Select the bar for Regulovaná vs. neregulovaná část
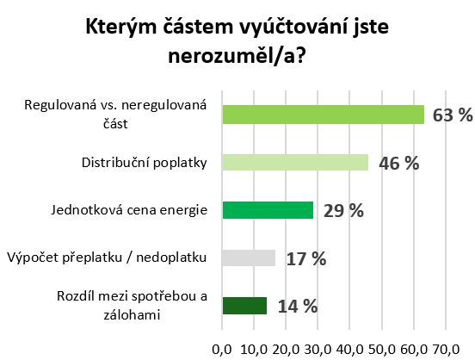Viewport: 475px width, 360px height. tap(323, 115)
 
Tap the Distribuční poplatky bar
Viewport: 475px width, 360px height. tap(295, 162)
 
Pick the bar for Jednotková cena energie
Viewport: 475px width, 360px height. tap(268, 210)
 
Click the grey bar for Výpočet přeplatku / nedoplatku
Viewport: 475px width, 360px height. tap(249, 258)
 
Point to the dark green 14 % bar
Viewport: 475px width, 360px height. tap(244, 306)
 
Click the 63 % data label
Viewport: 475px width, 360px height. tap(453, 115)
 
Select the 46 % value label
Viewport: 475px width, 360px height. tap(398, 163)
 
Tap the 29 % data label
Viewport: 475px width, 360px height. tap(343, 211)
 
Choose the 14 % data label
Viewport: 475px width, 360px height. tap(297, 306)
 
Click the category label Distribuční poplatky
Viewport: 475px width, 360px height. tap(145, 162)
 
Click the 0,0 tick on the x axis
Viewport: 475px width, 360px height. tap(222, 350)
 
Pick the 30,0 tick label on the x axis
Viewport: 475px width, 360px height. tap(318, 350)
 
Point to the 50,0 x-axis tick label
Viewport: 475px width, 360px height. tap(381, 350)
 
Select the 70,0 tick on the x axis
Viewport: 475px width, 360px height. tap(446, 350)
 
